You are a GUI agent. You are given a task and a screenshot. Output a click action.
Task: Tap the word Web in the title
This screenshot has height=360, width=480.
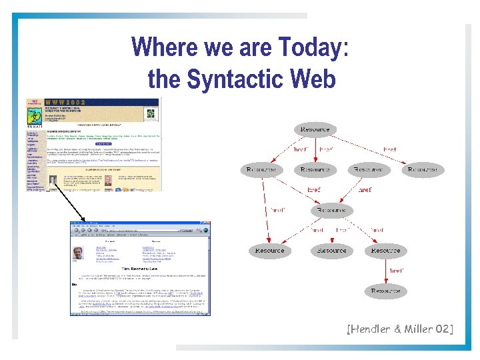pos(313,79)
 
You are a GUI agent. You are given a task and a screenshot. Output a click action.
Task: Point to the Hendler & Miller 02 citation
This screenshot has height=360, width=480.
pos(399,328)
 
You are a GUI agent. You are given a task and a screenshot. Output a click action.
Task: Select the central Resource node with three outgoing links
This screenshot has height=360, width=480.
pos(331,210)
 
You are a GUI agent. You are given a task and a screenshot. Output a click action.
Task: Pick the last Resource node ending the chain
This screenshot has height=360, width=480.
pos(385,291)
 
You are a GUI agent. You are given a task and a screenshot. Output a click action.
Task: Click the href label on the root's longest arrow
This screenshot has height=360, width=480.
pos(389,149)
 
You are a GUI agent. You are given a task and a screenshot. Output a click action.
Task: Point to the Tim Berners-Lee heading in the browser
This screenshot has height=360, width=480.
pos(139,269)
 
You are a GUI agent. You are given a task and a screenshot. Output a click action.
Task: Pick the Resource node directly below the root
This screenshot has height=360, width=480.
pos(315,170)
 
